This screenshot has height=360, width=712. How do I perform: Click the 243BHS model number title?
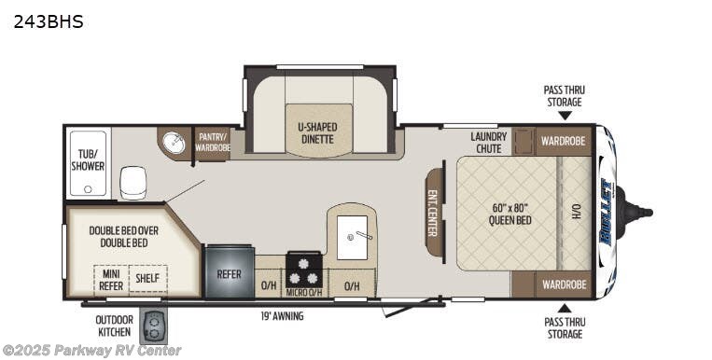[49, 21]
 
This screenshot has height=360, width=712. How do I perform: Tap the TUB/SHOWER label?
[88, 159]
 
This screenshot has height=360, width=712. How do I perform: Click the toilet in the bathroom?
[133, 182]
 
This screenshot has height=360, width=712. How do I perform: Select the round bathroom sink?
[174, 144]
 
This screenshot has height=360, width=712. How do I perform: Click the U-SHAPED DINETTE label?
[318, 132]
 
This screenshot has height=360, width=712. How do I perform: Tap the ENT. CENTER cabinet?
[434, 215]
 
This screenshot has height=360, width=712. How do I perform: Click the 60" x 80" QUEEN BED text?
[510, 214]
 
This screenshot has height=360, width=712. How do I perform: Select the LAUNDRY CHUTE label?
[489, 142]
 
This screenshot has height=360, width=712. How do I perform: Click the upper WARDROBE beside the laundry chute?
[563, 141]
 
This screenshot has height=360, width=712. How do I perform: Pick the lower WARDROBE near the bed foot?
[563, 284]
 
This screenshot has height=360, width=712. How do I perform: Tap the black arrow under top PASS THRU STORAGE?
[564, 116]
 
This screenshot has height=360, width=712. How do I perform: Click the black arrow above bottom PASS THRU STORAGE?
[564, 308]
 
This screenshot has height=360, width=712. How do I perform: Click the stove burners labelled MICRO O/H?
[304, 271]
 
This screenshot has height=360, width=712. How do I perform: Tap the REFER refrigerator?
[230, 273]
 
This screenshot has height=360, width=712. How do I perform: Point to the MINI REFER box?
[110, 279]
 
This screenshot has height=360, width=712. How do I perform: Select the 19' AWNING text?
[282, 316]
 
